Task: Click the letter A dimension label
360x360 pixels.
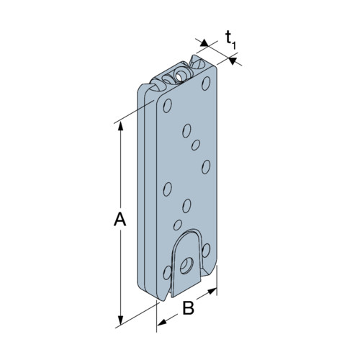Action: click(120, 220)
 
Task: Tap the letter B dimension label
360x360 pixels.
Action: click(189, 308)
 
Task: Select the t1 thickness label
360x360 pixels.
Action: click(230, 40)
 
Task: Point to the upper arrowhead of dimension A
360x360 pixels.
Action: click(120, 126)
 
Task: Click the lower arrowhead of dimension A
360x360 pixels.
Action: click(120, 321)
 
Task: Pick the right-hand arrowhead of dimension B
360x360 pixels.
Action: click(212, 292)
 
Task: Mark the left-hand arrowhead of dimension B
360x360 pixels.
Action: click(162, 322)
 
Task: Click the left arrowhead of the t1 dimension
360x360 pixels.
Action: click(204, 43)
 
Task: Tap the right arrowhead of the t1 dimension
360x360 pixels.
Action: click(233, 60)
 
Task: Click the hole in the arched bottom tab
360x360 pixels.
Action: click(186, 266)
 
